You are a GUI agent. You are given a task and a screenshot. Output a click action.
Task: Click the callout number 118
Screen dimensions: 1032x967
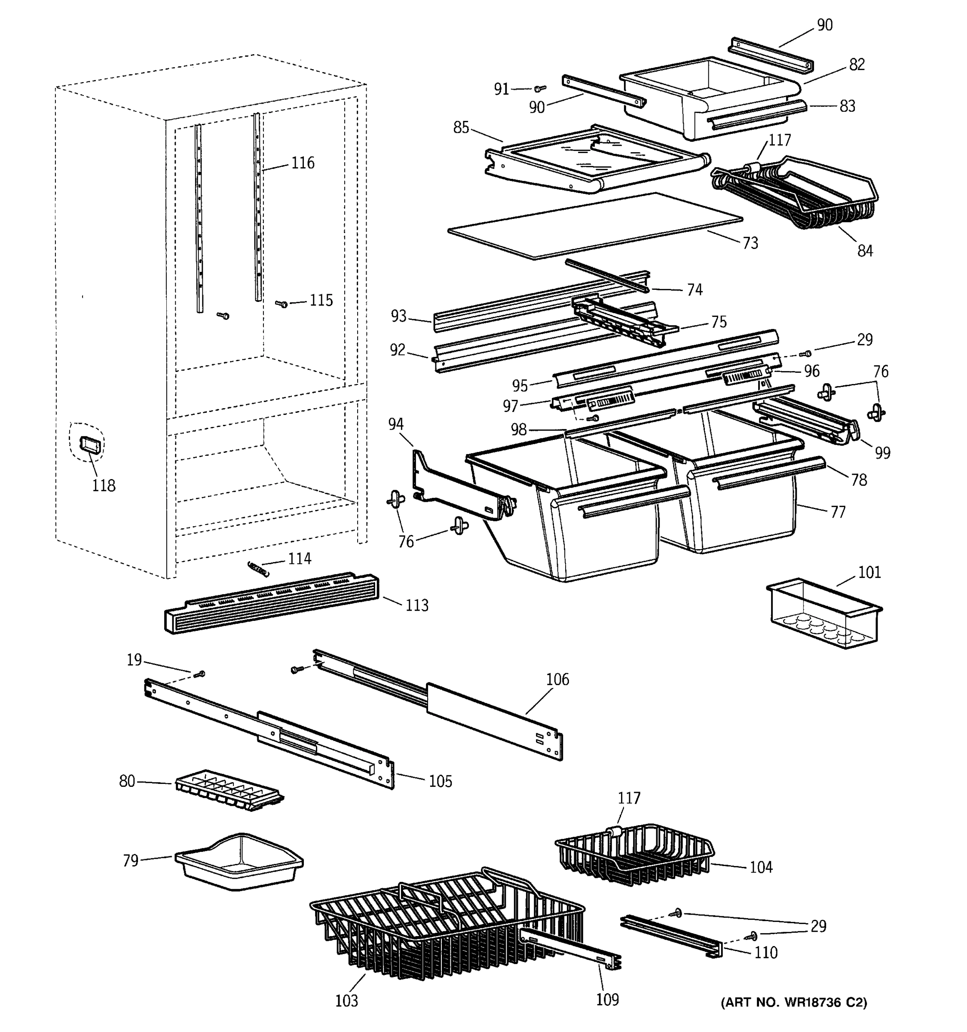(103, 485)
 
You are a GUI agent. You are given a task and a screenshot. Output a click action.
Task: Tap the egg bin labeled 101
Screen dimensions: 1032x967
(824, 613)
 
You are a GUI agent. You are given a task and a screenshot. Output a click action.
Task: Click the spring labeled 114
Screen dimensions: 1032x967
(258, 568)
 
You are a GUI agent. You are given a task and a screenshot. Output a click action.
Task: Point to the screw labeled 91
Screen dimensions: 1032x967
(541, 89)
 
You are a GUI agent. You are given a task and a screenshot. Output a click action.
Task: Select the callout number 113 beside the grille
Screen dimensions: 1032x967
(416, 605)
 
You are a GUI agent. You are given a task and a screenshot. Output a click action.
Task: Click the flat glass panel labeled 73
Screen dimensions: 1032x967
(594, 226)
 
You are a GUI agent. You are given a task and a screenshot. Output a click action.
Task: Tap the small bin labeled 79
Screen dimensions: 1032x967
(239, 861)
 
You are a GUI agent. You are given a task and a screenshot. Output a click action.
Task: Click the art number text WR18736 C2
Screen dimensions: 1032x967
(794, 1002)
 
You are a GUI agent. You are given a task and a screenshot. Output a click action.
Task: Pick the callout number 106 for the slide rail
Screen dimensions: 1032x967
(557, 679)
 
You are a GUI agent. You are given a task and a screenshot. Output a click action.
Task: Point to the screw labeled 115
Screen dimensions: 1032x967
(283, 304)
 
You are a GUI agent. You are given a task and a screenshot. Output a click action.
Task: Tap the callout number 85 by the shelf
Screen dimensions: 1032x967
(461, 128)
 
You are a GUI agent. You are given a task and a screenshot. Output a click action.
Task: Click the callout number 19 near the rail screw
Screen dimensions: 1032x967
(135, 660)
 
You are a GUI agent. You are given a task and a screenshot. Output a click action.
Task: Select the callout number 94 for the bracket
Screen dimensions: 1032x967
(395, 424)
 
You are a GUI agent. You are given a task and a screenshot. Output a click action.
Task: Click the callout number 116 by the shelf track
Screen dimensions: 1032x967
(303, 163)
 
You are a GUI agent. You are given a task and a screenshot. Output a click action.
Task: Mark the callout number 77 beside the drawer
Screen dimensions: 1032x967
(838, 513)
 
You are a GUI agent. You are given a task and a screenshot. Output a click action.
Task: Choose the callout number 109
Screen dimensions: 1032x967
(607, 999)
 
